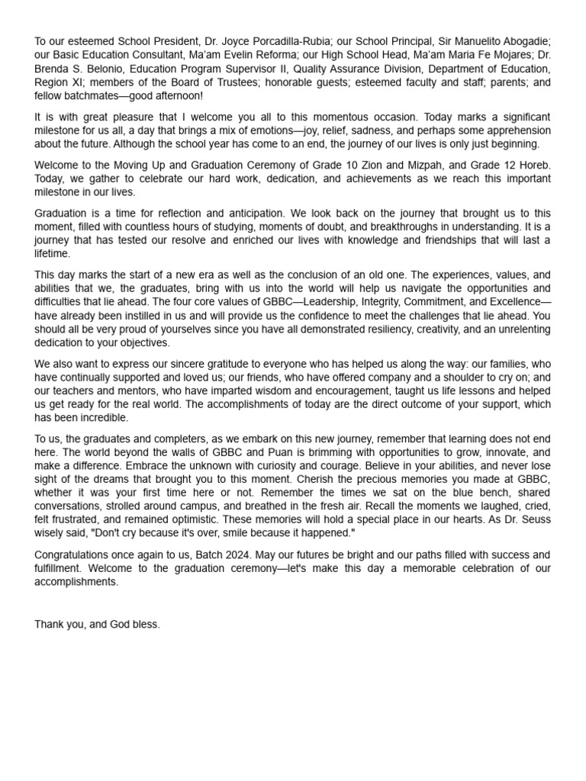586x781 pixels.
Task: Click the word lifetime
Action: tap(52, 254)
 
